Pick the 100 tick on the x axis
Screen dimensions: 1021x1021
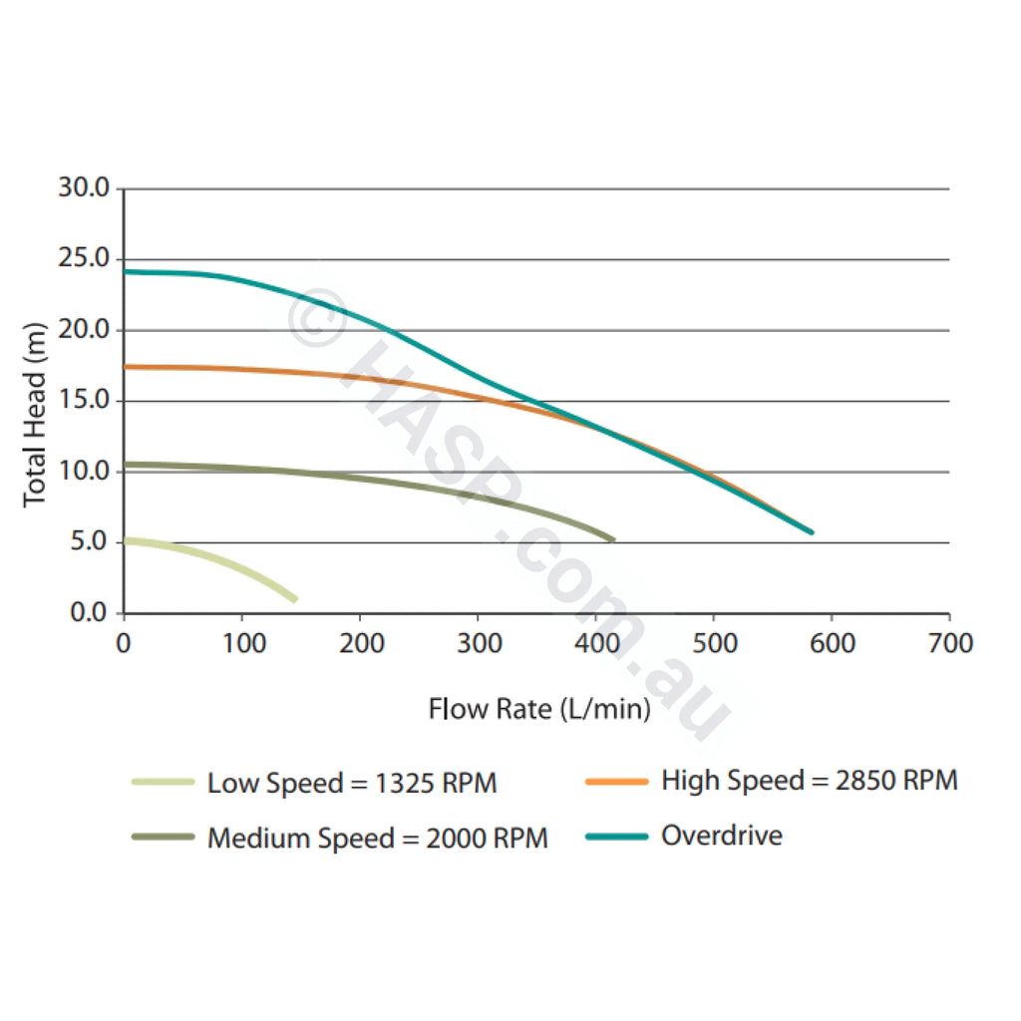242,643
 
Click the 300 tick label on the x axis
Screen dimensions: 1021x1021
479,643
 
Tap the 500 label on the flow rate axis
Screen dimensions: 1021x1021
715,643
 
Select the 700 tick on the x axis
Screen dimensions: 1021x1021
950,643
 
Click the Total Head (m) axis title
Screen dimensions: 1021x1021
35,414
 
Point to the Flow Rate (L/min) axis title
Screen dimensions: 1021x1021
539,709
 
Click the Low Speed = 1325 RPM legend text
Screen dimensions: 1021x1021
352,783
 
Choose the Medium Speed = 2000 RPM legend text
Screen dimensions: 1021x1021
378,838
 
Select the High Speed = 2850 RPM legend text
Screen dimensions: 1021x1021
810,780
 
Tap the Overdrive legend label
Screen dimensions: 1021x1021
722,835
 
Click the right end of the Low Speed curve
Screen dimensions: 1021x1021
295,599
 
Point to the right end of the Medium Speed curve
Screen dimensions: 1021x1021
612,539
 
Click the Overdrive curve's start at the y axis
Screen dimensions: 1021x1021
125,271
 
